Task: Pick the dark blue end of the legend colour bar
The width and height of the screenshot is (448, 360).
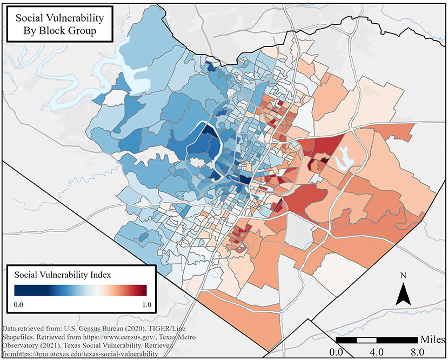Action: (x=18, y=290)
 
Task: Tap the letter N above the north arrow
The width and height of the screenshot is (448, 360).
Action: (x=403, y=276)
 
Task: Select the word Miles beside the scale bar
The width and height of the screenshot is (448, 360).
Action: (x=432, y=339)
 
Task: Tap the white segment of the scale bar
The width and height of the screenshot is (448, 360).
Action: (x=367, y=340)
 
